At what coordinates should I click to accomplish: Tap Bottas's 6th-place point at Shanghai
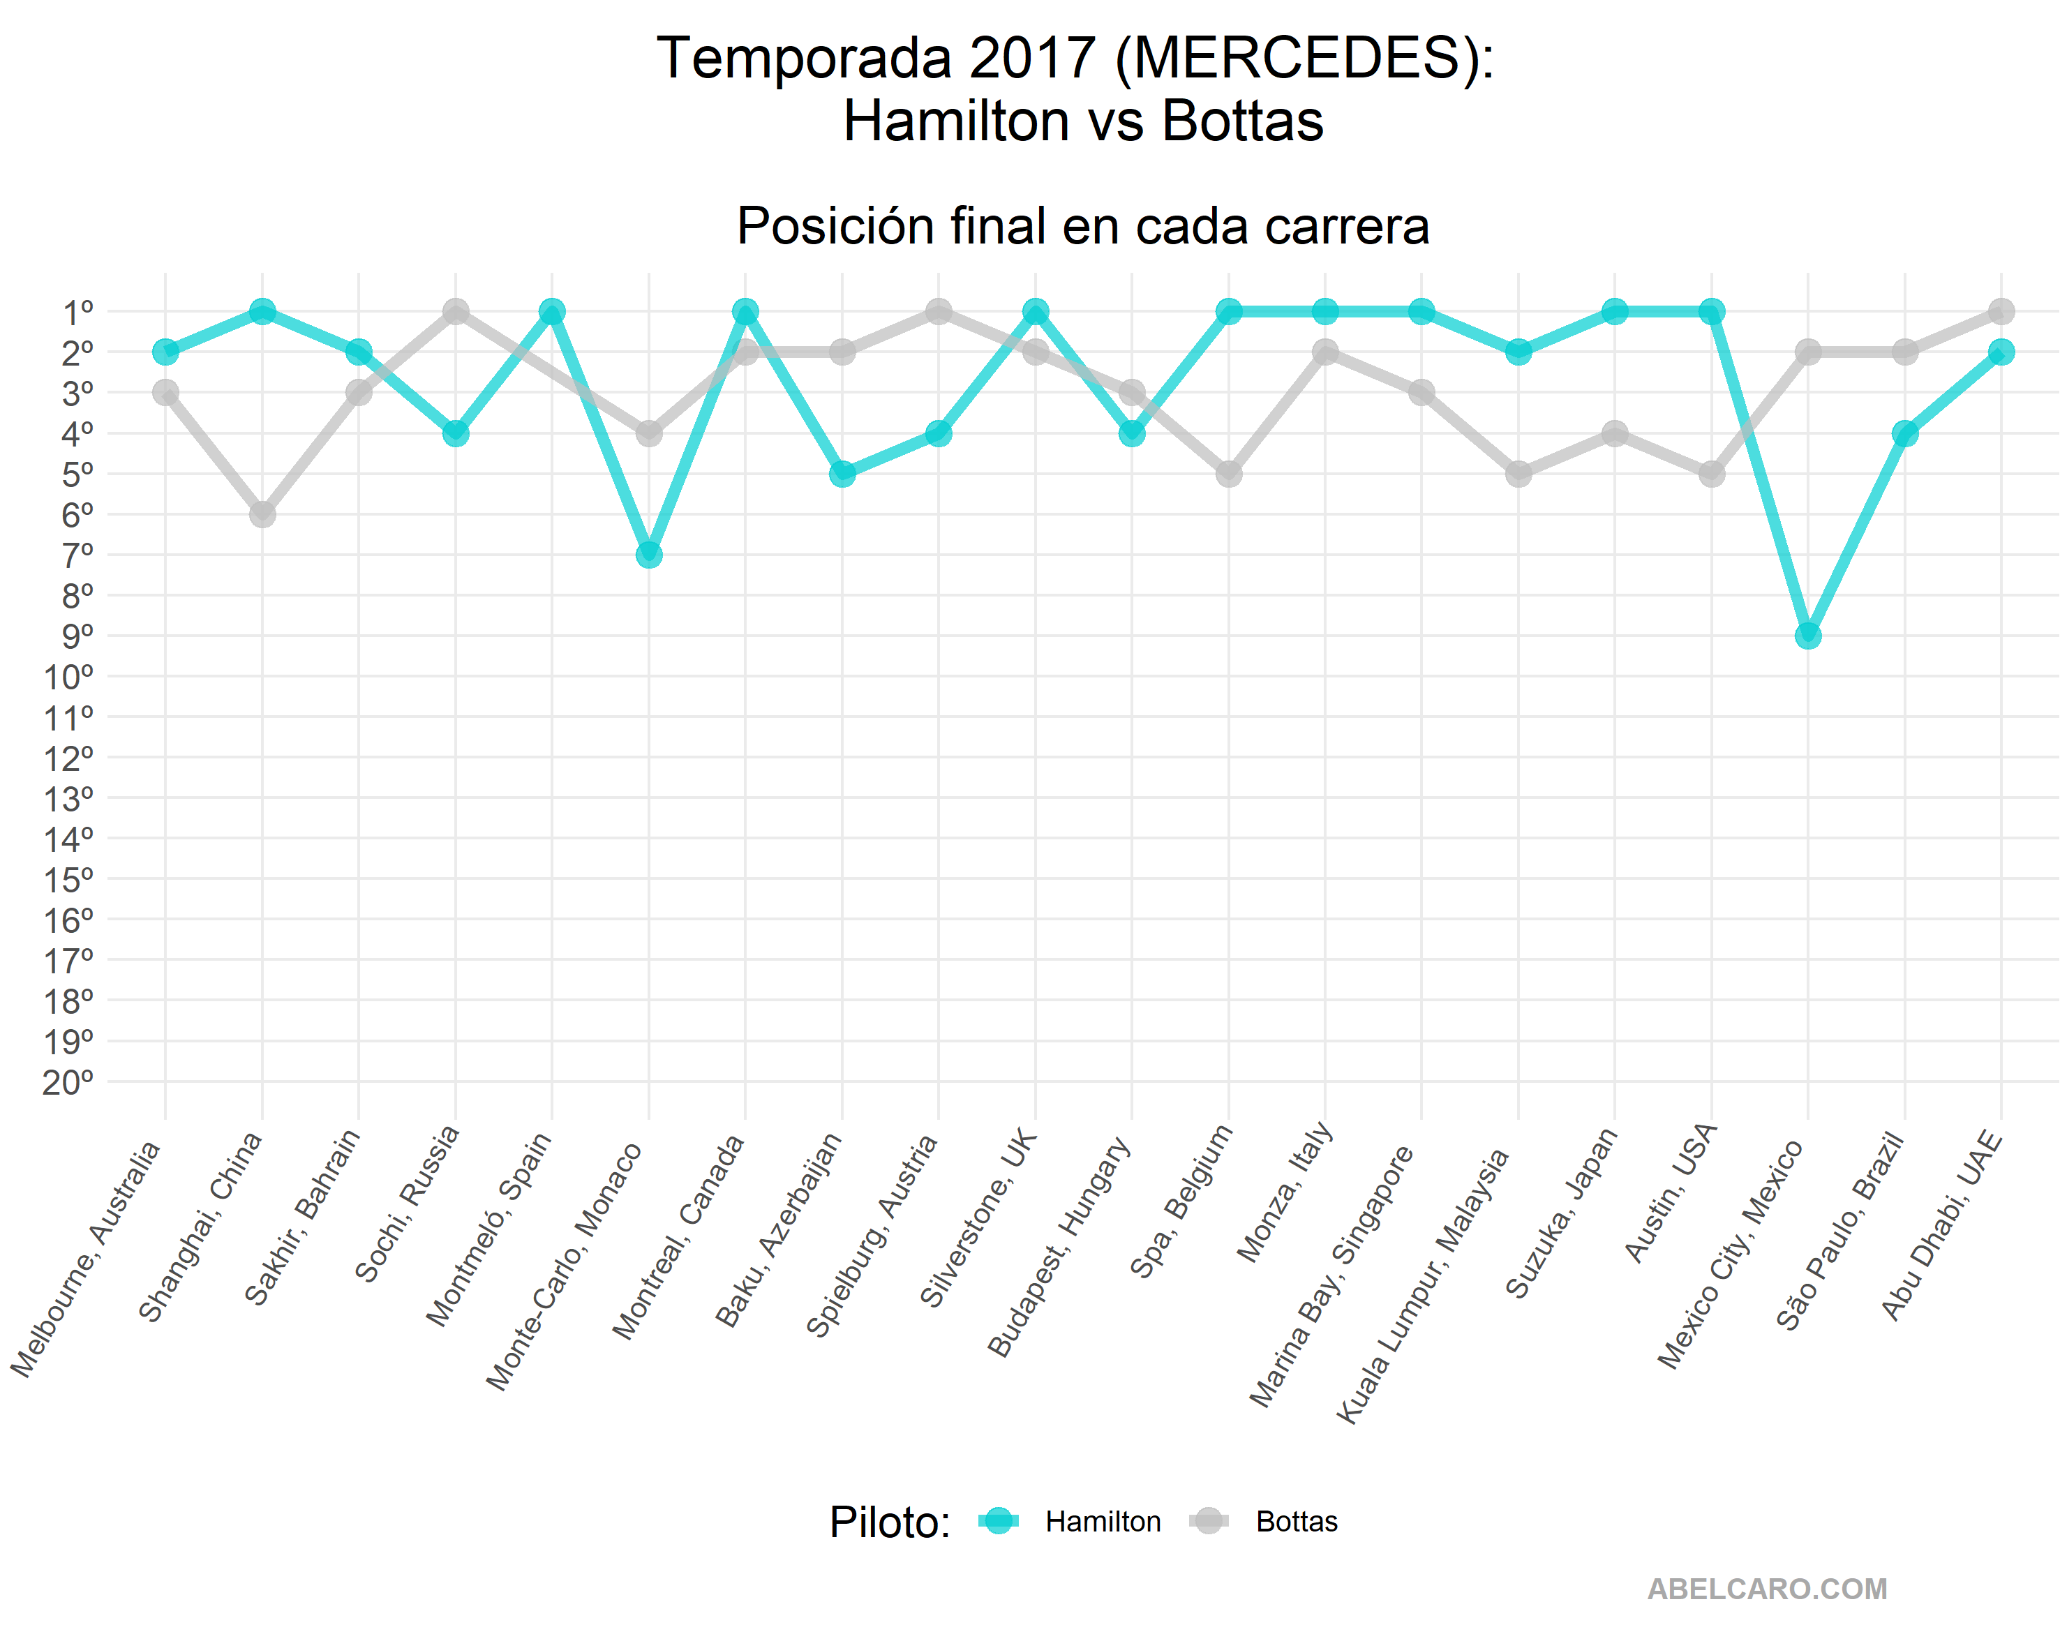tap(263, 514)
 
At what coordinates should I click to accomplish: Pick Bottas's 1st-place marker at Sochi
tap(456, 311)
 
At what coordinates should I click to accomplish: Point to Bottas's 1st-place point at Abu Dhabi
tap(2001, 311)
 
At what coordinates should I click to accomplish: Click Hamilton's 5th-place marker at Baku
tap(842, 474)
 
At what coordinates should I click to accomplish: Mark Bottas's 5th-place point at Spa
tap(1229, 474)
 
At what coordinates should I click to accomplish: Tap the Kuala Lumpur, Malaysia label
tap(1424, 1285)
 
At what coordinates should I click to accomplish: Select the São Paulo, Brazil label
tap(1840, 1232)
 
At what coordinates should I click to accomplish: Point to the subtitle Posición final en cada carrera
tap(1082, 227)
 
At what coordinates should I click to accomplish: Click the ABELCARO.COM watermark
tap(1767, 1589)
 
